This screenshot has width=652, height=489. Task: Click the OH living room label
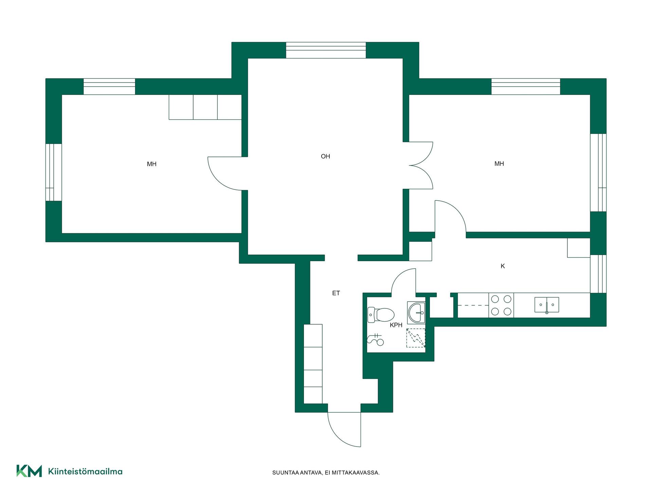point(325,156)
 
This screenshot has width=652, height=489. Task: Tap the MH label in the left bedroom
point(151,164)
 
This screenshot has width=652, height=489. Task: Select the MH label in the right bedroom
point(499,164)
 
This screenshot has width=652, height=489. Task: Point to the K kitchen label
point(503,266)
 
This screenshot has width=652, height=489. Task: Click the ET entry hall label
point(336,293)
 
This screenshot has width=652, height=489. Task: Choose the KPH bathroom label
point(396,325)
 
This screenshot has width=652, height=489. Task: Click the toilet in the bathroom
point(381,315)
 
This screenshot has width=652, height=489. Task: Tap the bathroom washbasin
point(416,312)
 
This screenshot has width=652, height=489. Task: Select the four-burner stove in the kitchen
point(501,305)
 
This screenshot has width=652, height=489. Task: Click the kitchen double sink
point(547,305)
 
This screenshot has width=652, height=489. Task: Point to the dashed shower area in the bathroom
point(416,338)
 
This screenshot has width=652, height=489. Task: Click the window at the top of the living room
point(326,50)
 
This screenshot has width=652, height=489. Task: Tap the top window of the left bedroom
point(109,87)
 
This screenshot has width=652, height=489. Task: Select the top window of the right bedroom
point(526,87)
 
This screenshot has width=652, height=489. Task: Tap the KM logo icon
point(29,471)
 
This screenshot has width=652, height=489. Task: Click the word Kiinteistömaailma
point(85,471)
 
